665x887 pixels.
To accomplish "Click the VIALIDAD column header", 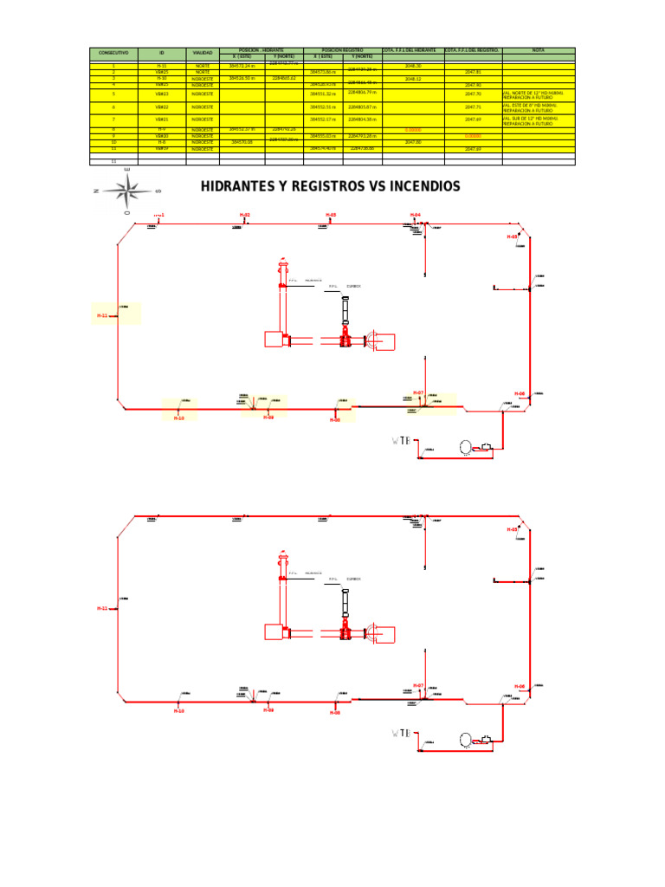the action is pyautogui.click(x=203, y=53).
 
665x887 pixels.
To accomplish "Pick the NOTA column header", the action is pyautogui.click(x=538, y=50).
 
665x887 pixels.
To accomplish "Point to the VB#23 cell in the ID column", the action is pyautogui.click(x=161, y=93).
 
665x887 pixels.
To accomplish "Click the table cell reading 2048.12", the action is pyautogui.click(x=413, y=78).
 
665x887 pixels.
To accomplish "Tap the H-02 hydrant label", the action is pyautogui.click(x=245, y=214).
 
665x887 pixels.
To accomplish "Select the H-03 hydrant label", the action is pyautogui.click(x=331, y=214).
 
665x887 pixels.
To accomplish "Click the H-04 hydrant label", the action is pyautogui.click(x=416, y=214).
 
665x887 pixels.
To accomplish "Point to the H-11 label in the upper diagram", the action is pyautogui.click(x=102, y=316).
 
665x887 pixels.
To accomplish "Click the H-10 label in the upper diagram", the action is pyautogui.click(x=179, y=418).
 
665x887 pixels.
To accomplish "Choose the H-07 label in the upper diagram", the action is pyautogui.click(x=418, y=392).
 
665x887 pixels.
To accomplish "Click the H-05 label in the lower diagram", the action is pyautogui.click(x=513, y=528).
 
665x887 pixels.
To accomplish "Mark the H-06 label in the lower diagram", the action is pyautogui.click(x=520, y=686).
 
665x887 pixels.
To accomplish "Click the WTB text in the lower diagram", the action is pyautogui.click(x=401, y=735).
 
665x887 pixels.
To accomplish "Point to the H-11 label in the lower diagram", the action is pyautogui.click(x=102, y=609).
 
